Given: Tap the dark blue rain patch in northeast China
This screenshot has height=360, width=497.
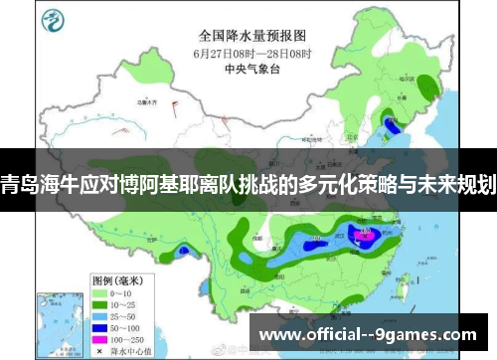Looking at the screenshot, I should (x=391, y=125).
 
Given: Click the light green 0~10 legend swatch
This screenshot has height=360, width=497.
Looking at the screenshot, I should (x=100, y=267).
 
